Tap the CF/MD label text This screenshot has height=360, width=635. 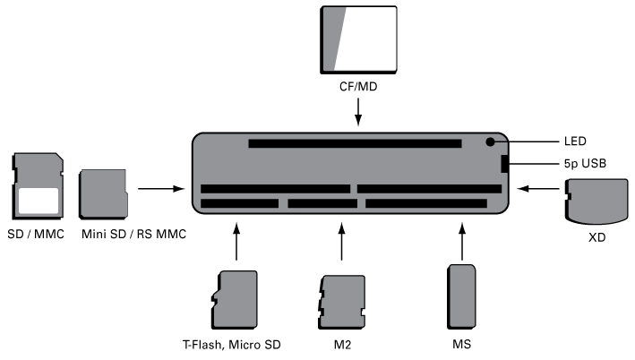pos(357,90)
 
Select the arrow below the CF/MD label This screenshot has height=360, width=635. pos(358,113)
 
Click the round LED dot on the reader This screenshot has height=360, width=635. pos(491,141)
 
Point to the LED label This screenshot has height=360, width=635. pos(576,141)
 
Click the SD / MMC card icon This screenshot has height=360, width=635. pos(39,186)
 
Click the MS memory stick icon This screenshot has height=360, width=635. pos(462,296)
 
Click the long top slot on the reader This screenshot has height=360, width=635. pos(355,143)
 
